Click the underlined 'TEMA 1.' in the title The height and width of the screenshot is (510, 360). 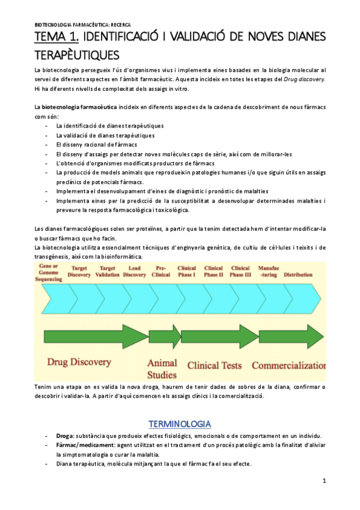[x=54, y=37]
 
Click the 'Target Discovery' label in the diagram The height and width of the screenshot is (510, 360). [x=80, y=271]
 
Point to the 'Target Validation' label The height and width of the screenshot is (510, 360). [x=108, y=271]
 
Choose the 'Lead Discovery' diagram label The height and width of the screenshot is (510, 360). [x=135, y=271]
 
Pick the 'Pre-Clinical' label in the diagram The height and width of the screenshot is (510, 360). [x=161, y=271]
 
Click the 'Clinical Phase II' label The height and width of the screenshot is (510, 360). [x=213, y=271]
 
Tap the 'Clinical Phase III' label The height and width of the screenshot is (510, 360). [x=240, y=271]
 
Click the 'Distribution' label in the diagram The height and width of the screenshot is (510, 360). [x=298, y=274]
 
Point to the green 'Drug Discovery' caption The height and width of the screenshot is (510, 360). [x=79, y=362]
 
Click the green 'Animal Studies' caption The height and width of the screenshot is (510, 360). [x=162, y=368]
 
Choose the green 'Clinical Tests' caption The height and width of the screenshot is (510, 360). [x=215, y=365]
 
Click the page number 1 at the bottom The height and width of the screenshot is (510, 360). [x=324, y=481]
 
